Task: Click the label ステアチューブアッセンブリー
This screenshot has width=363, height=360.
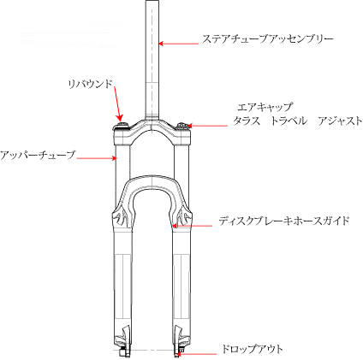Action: (x=267, y=39)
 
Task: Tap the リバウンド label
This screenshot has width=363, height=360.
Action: (x=90, y=84)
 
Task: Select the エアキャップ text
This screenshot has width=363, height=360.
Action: (x=265, y=107)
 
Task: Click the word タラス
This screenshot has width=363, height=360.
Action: (x=247, y=121)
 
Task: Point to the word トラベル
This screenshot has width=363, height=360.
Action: (x=289, y=121)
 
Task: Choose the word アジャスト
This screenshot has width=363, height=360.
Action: (x=340, y=121)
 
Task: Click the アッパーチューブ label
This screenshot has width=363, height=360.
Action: (x=38, y=155)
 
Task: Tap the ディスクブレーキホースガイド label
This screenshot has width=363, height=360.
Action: (x=284, y=221)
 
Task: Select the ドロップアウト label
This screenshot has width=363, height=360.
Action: (x=253, y=349)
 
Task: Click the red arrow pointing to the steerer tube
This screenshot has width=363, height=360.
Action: (x=178, y=44)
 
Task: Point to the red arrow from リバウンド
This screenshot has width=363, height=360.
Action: (x=118, y=104)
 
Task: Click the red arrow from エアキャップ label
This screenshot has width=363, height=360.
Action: (x=207, y=126)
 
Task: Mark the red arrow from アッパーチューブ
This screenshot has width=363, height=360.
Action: (x=97, y=157)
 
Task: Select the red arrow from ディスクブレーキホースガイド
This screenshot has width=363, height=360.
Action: (x=193, y=226)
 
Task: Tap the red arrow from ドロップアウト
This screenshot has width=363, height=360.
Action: (x=196, y=354)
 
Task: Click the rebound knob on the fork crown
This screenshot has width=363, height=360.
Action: (x=122, y=126)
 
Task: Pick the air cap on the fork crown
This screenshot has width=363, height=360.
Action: (x=181, y=126)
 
